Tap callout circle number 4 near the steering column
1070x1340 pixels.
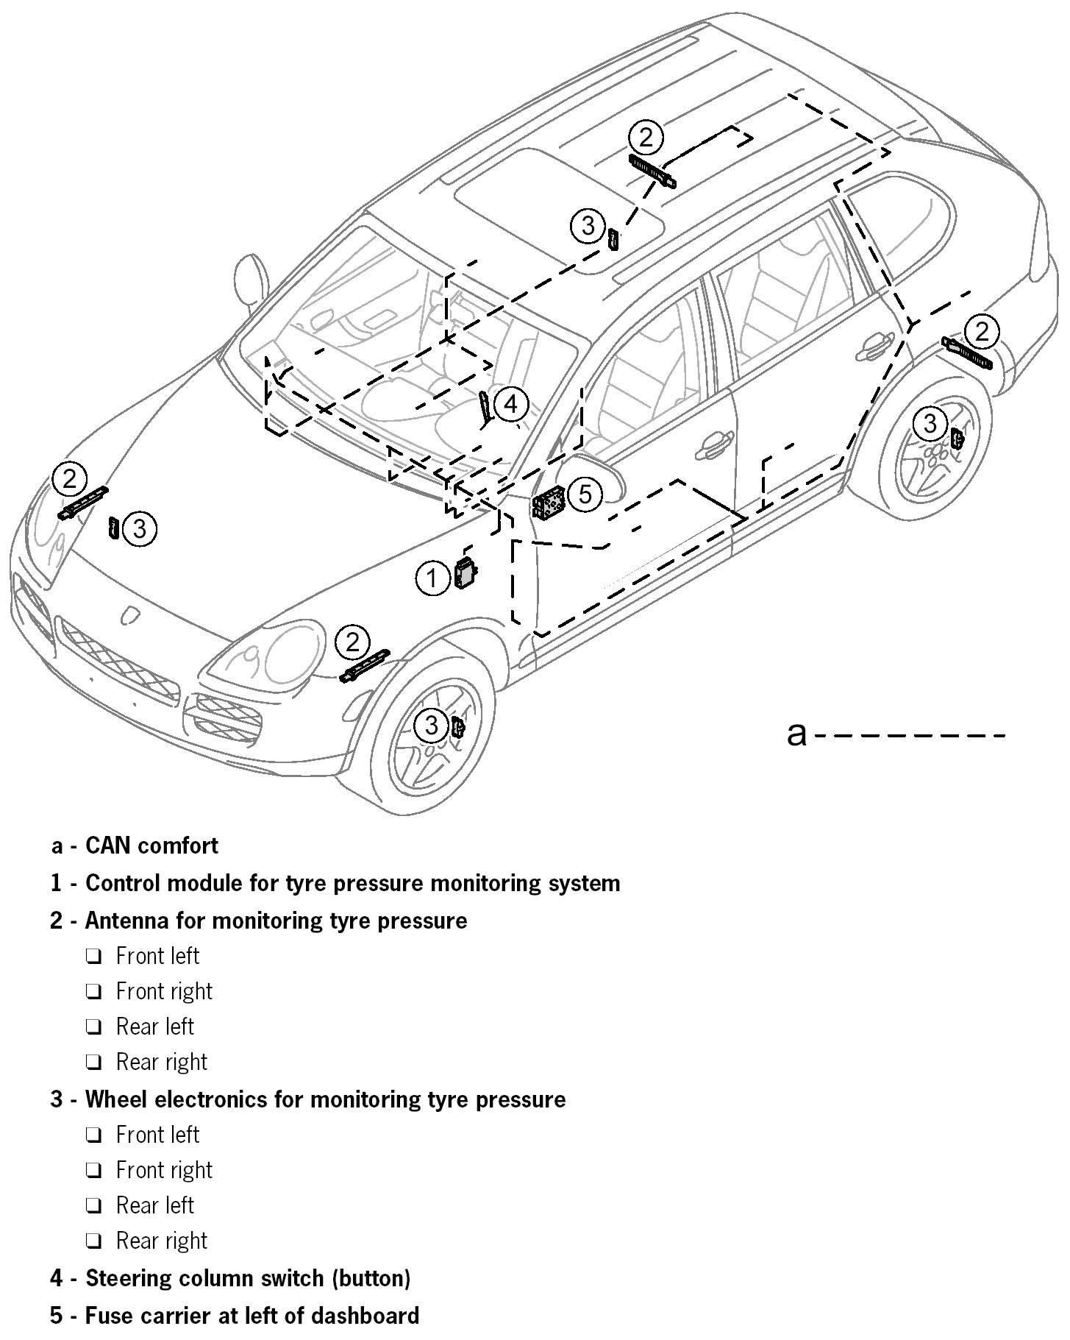(510, 404)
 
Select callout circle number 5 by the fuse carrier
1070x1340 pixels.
(585, 494)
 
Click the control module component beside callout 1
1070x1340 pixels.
(466, 572)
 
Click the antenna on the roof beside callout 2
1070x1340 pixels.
(653, 171)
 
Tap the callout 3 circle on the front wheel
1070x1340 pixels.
(431, 726)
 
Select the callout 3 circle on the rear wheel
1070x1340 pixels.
(930, 424)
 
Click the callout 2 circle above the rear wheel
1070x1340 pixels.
(982, 332)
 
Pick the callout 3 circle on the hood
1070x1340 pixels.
(140, 529)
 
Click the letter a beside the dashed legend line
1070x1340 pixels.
(796, 734)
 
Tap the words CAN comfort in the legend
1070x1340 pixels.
(151, 846)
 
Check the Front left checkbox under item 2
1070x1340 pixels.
(93, 957)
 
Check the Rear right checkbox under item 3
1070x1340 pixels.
(93, 1241)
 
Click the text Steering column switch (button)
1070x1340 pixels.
(248, 1278)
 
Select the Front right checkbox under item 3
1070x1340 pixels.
(93, 1170)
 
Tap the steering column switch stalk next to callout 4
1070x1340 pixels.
(485, 407)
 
